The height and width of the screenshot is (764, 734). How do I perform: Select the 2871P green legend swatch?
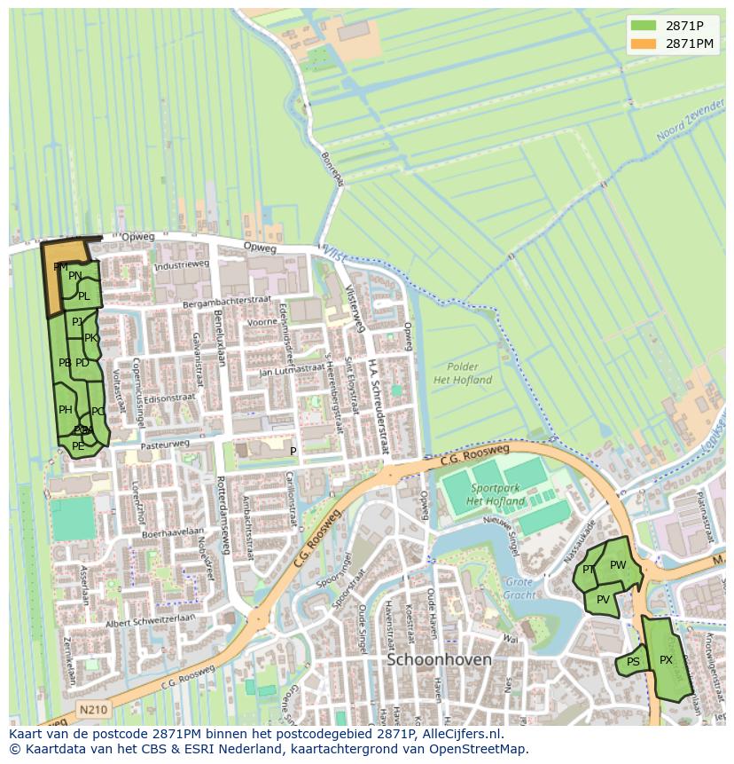644,26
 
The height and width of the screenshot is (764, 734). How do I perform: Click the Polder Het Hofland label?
463,374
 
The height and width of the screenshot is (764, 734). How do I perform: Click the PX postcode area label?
666,660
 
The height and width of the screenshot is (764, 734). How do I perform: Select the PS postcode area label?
633,662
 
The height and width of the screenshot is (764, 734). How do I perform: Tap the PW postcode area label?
618,565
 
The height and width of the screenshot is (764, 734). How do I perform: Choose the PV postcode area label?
603,600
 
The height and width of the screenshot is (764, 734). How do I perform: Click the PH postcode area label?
66,410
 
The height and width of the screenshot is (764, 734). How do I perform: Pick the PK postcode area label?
90,338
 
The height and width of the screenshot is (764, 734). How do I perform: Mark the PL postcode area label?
83,296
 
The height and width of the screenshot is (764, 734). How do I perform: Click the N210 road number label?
92,710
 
